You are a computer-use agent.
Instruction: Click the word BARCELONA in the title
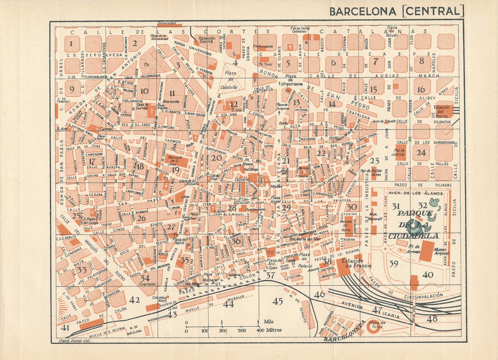[x=363, y=11]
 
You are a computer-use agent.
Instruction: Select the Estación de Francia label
[x=354, y=263]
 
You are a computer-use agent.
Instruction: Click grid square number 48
[x=432, y=318]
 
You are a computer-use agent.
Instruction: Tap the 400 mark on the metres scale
[x=260, y=330]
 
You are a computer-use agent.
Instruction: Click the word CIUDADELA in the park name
[x=413, y=236]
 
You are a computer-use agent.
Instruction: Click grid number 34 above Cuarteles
[x=145, y=278]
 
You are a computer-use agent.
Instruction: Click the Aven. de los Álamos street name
[x=409, y=193]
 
